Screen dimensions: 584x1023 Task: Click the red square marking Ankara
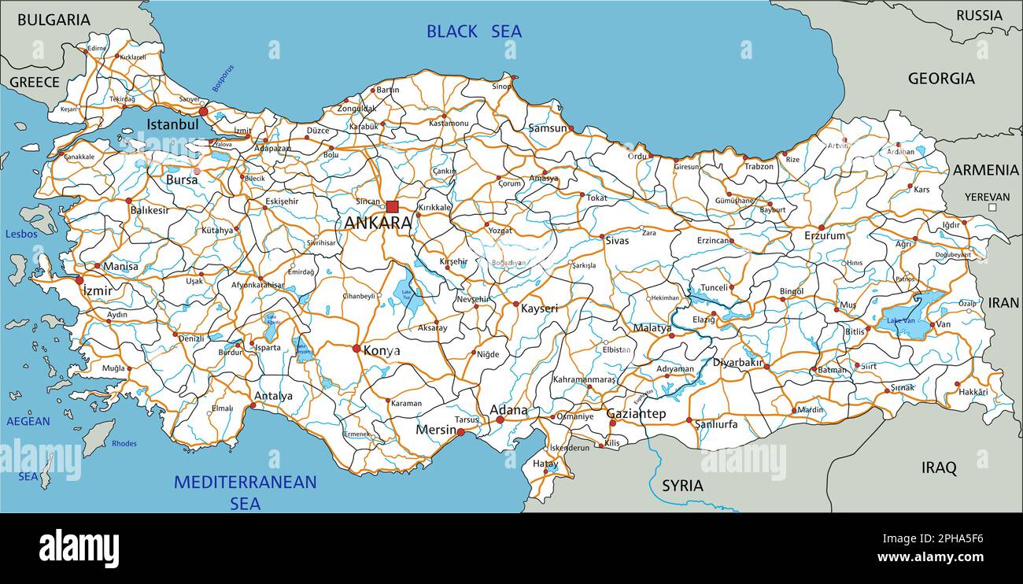(x=392, y=206)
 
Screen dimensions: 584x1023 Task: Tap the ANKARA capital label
(x=378, y=223)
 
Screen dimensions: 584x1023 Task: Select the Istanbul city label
(x=172, y=124)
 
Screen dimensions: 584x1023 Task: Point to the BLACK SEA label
(x=474, y=31)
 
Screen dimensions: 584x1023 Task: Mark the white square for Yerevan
(x=992, y=208)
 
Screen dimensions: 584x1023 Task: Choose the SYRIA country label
(x=682, y=486)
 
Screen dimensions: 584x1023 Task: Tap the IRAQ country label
(x=939, y=468)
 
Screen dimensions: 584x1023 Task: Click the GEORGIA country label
(x=941, y=79)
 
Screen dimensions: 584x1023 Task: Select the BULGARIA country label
(x=54, y=20)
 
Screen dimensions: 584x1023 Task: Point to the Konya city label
(x=381, y=351)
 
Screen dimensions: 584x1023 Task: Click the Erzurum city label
(x=825, y=235)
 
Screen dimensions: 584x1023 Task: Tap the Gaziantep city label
(x=636, y=413)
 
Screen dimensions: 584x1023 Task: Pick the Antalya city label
(x=273, y=396)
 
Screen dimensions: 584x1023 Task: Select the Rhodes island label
(x=124, y=444)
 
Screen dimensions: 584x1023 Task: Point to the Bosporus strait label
(x=223, y=79)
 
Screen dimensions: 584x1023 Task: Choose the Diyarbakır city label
(x=737, y=363)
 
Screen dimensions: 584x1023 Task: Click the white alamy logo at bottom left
(x=79, y=548)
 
